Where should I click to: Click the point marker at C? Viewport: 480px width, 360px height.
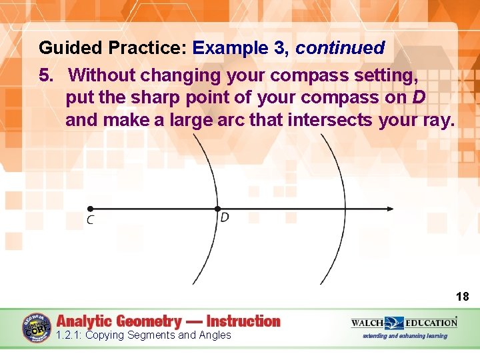pyautogui.click(x=90, y=209)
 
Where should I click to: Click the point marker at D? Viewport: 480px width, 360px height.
pyautogui.click(x=217, y=209)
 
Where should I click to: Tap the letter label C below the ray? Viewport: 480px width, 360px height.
pyautogui.click(x=90, y=221)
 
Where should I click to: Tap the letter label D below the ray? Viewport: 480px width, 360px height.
pyautogui.click(x=225, y=218)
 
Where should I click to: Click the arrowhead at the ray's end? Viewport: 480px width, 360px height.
pyautogui.click(x=389, y=209)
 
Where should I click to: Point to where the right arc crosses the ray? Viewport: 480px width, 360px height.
pyautogui.click(x=345, y=209)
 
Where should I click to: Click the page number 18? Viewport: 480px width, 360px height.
pyautogui.click(x=462, y=296)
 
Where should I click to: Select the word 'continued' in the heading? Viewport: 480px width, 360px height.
pyautogui.click(x=340, y=48)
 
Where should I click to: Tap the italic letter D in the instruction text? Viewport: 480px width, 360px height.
pyautogui.click(x=419, y=97)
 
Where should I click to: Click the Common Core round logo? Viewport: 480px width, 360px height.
pyautogui.click(x=36, y=327)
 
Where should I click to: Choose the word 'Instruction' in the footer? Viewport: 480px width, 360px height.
pyautogui.click(x=243, y=321)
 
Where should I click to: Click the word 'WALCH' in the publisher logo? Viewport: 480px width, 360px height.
pyautogui.click(x=367, y=323)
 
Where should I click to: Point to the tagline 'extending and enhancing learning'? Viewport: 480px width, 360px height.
pyautogui.click(x=405, y=336)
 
